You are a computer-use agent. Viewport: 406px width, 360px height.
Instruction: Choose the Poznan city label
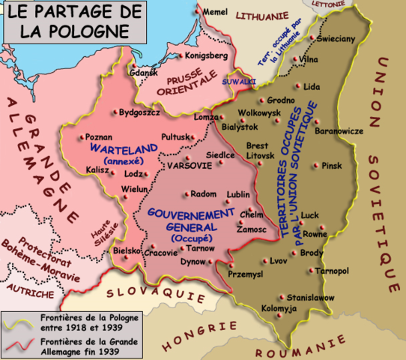point(99,137)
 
